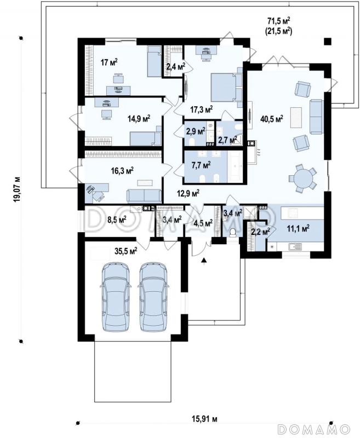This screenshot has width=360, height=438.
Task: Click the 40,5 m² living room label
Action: (x=271, y=119)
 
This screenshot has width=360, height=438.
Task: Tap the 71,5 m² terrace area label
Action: (x=279, y=21)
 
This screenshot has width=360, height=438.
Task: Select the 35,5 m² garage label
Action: (x=126, y=251)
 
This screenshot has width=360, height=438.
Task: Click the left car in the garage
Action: (x=116, y=296)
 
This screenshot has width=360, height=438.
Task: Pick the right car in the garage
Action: (x=153, y=296)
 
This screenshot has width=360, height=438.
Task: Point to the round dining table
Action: (x=302, y=178)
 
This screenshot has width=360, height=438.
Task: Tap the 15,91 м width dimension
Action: (x=204, y=419)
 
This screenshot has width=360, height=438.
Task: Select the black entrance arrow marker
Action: (x=204, y=261)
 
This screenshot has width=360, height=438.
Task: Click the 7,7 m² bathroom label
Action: (x=201, y=166)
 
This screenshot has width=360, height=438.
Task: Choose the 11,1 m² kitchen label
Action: (x=298, y=229)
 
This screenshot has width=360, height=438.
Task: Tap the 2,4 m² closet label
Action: (x=176, y=66)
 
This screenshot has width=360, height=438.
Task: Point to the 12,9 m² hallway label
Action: (x=188, y=193)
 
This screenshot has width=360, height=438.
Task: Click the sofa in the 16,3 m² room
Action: (x=144, y=195)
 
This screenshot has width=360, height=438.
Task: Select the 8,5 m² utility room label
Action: (x=117, y=220)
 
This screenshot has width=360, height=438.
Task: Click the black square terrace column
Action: (x=327, y=41)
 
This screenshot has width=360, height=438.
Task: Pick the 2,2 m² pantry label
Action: (x=260, y=231)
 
